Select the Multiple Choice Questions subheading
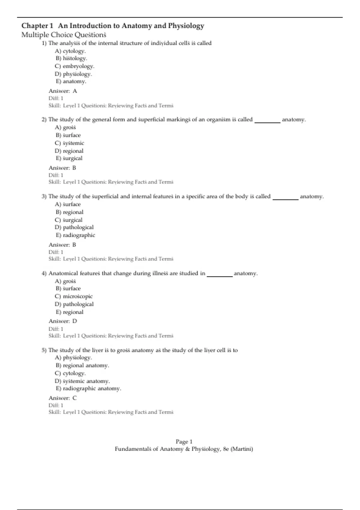64,35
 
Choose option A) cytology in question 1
70,51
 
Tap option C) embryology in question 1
74,66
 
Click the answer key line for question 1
63,91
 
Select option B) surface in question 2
68,135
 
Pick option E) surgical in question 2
69,158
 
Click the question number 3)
44,196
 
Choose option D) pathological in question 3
74,227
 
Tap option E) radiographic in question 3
75,235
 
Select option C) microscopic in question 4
74,296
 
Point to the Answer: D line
63,321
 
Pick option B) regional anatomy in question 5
82,365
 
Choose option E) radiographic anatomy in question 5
88,388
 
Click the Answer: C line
63,398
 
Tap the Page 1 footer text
184,442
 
